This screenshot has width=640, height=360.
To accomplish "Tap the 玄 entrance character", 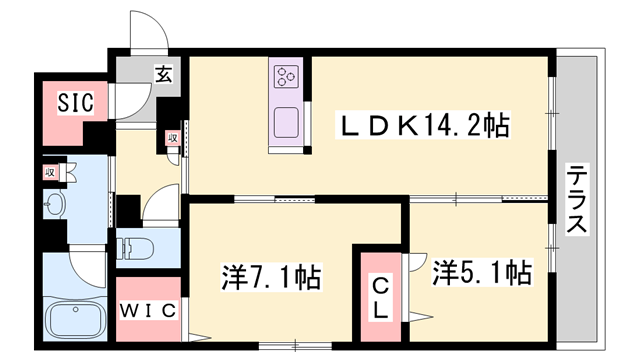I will [x=162, y=72].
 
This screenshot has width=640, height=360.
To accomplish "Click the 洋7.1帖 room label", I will [x=270, y=276].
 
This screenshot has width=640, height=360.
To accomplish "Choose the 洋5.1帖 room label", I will [x=482, y=271].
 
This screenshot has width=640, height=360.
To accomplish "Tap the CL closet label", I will [x=381, y=298].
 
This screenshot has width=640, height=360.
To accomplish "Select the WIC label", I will [x=149, y=310].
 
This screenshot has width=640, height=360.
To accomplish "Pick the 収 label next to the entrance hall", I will [x=172, y=139].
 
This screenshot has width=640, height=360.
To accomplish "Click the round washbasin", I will [x=54, y=206].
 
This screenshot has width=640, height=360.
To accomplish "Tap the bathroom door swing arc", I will [x=88, y=266].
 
